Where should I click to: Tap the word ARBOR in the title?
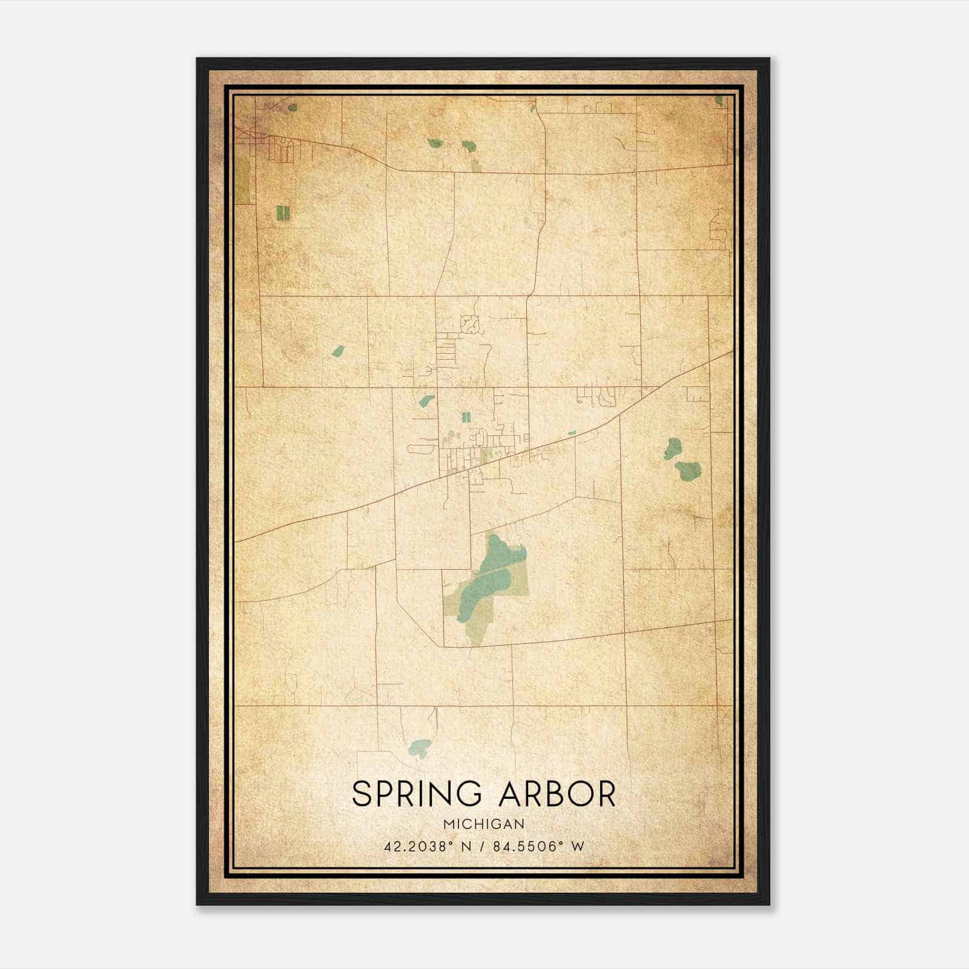(x=557, y=794)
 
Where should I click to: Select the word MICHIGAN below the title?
(x=484, y=824)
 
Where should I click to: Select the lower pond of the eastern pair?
(x=688, y=470)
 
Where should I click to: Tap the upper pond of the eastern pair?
(x=671, y=449)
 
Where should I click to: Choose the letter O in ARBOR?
(x=580, y=794)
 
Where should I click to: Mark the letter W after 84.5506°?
(x=578, y=846)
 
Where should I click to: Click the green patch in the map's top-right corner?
(x=719, y=101)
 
